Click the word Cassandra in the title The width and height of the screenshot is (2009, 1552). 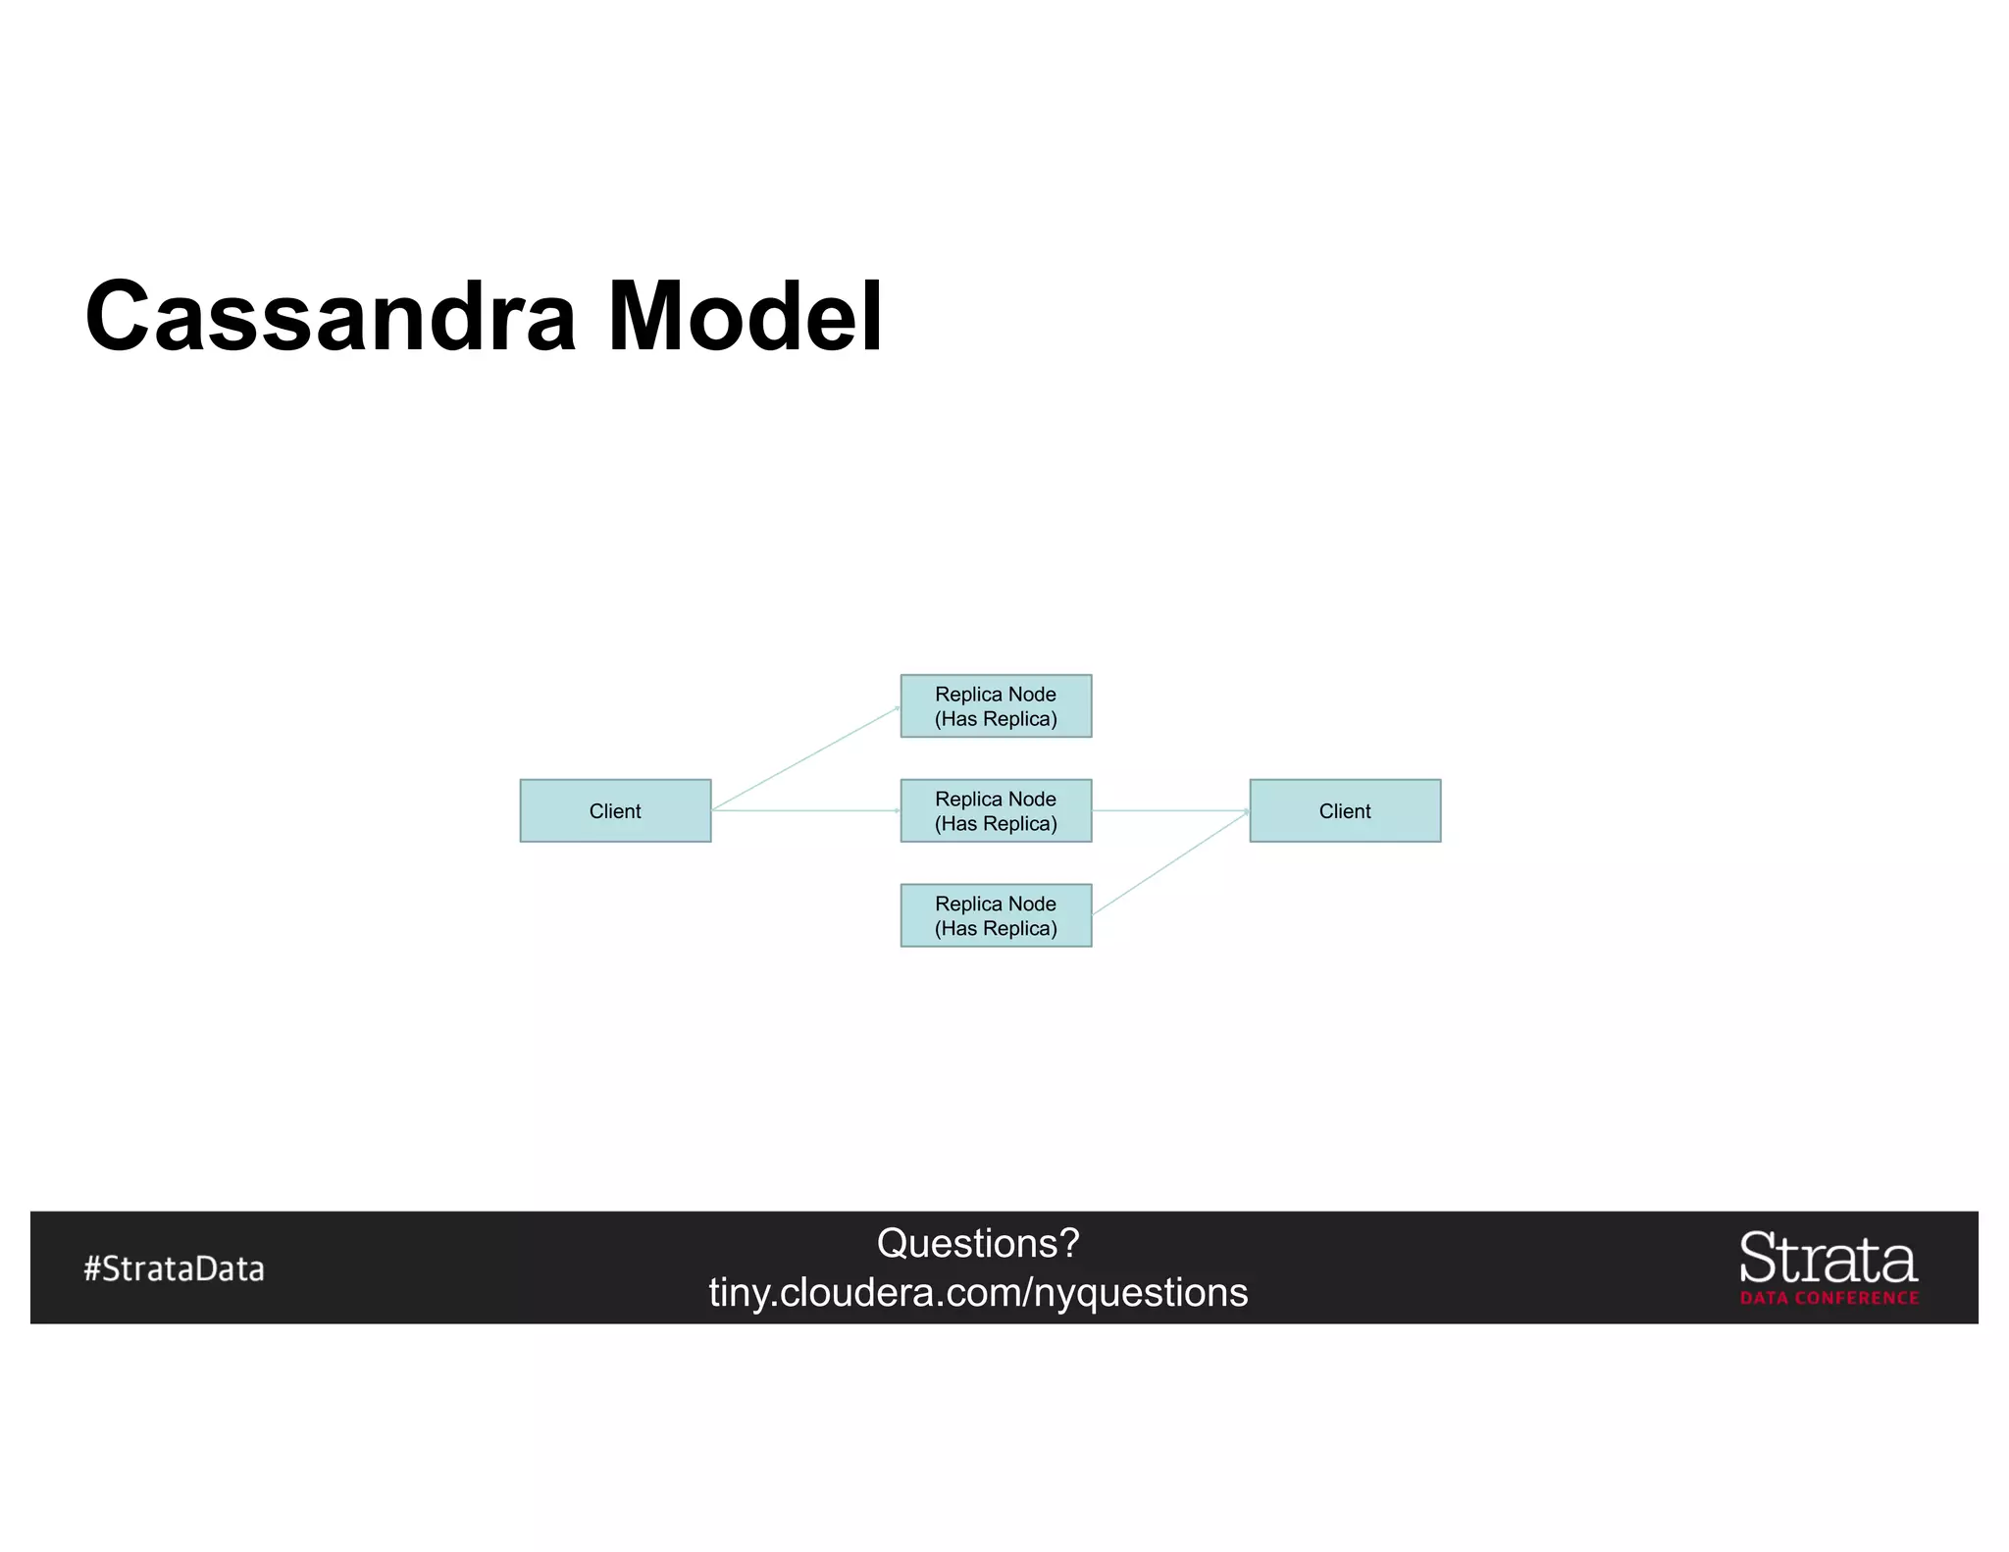tap(331, 316)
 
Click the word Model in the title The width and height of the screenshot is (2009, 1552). tap(745, 316)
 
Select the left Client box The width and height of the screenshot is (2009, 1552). tap(615, 810)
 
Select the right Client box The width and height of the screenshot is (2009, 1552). tap(1345, 810)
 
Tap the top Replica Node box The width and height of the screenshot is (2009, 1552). tap(996, 705)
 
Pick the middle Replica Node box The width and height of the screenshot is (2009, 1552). tap(996, 810)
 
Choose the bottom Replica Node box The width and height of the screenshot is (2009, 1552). tap(996, 915)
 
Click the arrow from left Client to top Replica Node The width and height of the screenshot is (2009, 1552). tap(806, 757)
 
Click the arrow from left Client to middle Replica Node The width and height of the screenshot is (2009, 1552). tap(804, 810)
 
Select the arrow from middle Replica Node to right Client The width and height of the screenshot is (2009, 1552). tap(1169, 810)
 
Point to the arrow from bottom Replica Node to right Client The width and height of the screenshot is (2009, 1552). tap(1169, 863)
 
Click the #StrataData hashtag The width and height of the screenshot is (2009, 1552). tap(174, 1268)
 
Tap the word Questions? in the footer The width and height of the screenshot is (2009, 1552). tap(978, 1243)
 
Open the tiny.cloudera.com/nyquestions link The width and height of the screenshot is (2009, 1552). tap(978, 1293)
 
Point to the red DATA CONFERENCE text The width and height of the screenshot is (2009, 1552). tap(1829, 1298)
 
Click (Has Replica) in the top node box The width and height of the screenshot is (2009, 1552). tap(996, 719)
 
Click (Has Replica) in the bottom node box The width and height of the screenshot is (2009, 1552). tap(996, 928)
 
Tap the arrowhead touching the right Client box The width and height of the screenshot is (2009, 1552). tap(1246, 811)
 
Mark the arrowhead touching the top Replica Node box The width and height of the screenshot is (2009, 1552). tap(897, 707)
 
